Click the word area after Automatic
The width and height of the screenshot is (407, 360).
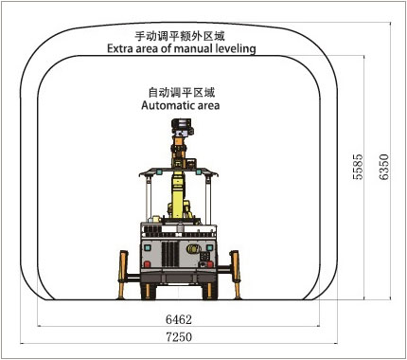pos(207,106)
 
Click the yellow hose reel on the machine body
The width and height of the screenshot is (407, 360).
pos(193,248)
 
